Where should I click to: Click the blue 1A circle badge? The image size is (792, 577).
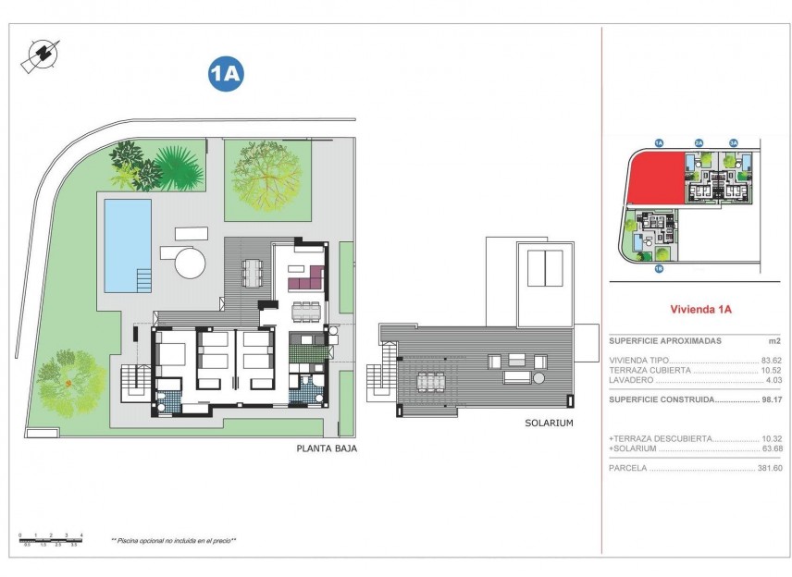(226, 75)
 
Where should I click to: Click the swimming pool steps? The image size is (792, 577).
(143, 279)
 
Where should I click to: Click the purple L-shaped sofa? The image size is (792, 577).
(304, 276)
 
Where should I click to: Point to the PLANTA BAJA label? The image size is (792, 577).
(326, 448)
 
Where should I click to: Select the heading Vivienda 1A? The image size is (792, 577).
(700, 310)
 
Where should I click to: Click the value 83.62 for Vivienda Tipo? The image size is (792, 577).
(771, 360)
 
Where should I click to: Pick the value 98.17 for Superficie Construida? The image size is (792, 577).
(771, 399)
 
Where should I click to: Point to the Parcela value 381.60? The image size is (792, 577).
(769, 468)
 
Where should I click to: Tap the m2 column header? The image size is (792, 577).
(775, 340)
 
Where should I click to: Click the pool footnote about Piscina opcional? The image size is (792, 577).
(174, 540)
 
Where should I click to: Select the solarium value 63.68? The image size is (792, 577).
(771, 448)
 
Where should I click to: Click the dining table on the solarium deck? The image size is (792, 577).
(430, 380)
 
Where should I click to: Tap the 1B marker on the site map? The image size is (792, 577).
(658, 269)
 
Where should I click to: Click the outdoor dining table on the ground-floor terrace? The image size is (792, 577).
(253, 271)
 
